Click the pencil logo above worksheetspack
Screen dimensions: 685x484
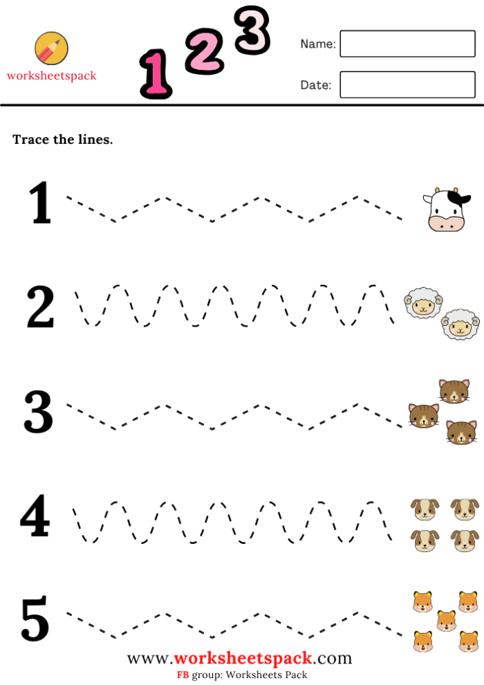point(51,48)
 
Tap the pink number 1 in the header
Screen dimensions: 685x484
point(156,74)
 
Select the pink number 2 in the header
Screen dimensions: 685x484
point(204,53)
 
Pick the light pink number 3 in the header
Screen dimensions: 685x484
point(252,30)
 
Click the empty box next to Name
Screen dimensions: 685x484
point(407,44)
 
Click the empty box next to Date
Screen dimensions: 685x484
point(407,85)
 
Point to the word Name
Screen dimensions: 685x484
point(317,44)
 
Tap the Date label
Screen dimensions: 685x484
point(315,85)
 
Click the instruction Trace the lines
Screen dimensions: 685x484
point(62,140)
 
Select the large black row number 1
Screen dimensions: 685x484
point(41,203)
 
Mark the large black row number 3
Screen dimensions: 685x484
point(39,412)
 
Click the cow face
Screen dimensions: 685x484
point(445,210)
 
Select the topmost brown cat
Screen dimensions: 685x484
point(454,392)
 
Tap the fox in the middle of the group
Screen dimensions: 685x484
point(446,620)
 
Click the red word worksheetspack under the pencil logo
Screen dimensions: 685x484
point(52,76)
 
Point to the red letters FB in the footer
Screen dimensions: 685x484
point(183,675)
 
